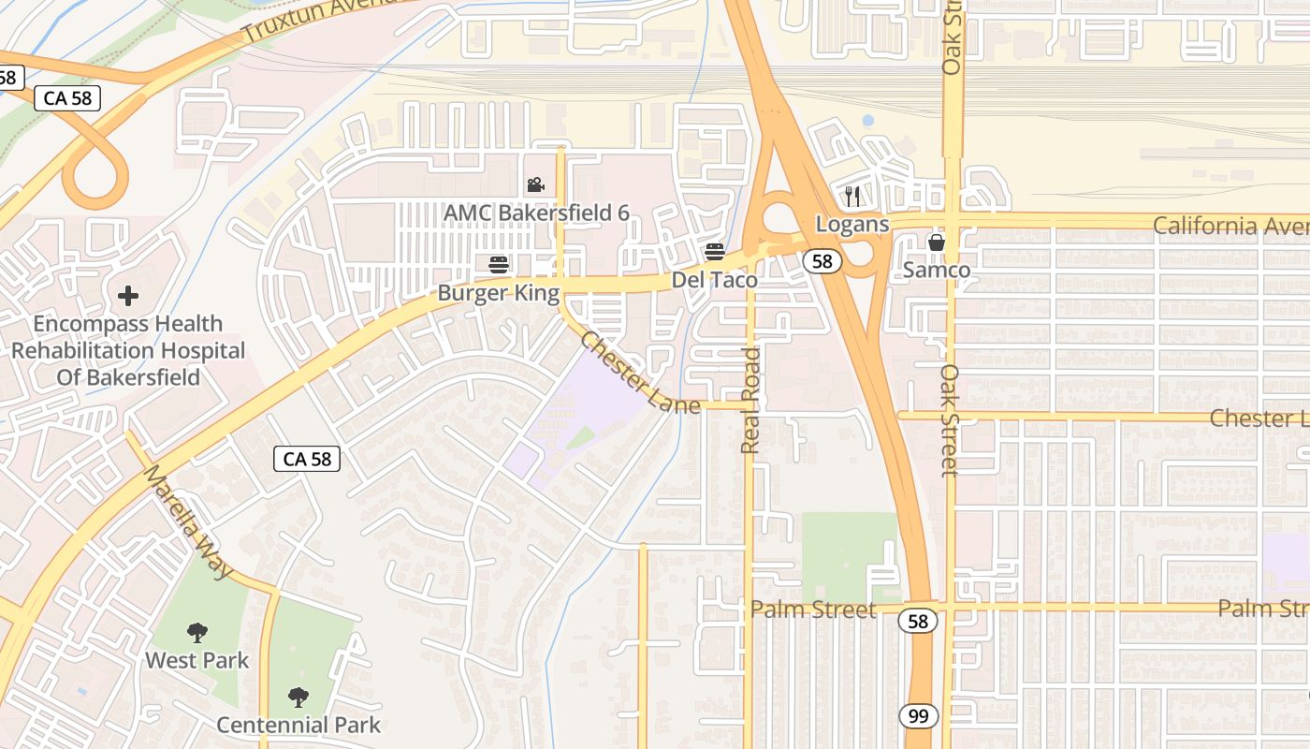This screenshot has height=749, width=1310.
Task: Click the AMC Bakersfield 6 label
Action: tap(536, 213)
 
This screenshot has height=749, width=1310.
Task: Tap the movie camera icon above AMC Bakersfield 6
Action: tap(535, 185)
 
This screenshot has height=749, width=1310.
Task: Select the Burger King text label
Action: tap(499, 294)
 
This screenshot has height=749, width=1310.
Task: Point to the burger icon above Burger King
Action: tap(499, 265)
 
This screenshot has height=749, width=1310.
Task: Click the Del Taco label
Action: tap(715, 280)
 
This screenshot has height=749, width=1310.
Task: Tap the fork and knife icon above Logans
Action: tap(851, 196)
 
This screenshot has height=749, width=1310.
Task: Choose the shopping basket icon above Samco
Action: tap(937, 243)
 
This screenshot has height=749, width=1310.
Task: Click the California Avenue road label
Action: tap(1230, 226)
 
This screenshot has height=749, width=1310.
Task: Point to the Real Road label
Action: tap(750, 401)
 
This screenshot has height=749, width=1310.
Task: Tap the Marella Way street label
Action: tap(187, 521)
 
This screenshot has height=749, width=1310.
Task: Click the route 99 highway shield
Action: tap(919, 717)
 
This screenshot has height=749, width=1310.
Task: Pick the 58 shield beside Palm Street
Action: tap(919, 620)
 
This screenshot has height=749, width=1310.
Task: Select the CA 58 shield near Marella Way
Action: tap(307, 459)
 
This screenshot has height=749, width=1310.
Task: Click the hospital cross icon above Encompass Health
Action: tap(128, 297)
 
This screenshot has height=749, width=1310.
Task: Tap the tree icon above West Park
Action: tap(196, 633)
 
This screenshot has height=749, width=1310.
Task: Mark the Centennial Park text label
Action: tap(298, 725)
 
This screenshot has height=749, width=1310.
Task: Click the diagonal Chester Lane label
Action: tap(639, 373)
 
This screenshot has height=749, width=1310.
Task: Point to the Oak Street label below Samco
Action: tap(950, 419)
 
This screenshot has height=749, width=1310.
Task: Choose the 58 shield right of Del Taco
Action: tap(822, 261)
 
